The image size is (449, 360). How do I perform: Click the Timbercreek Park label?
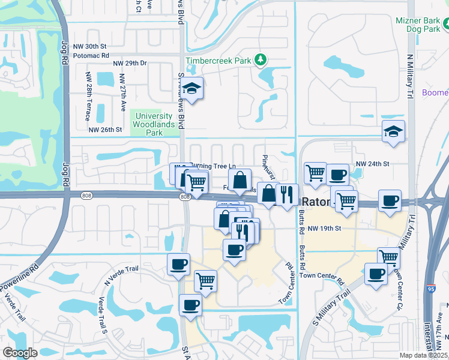pos(219,61)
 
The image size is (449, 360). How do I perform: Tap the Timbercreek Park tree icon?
pos(261,60)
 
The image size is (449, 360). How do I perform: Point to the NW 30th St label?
pos(89,46)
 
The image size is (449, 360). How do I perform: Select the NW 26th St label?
pos(105,130)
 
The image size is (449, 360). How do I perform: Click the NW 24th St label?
pos(373,163)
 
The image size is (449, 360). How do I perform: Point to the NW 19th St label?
pos(324,229)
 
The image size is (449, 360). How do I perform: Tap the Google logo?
pos(20,353)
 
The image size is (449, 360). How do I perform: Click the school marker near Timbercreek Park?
pos(192,89)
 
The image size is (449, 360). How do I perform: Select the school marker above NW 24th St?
pos(393,131)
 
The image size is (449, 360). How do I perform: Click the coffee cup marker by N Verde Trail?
pos(178,265)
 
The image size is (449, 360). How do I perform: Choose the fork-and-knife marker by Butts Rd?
pos(287,194)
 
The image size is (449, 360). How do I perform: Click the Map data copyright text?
pos(424,355)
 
